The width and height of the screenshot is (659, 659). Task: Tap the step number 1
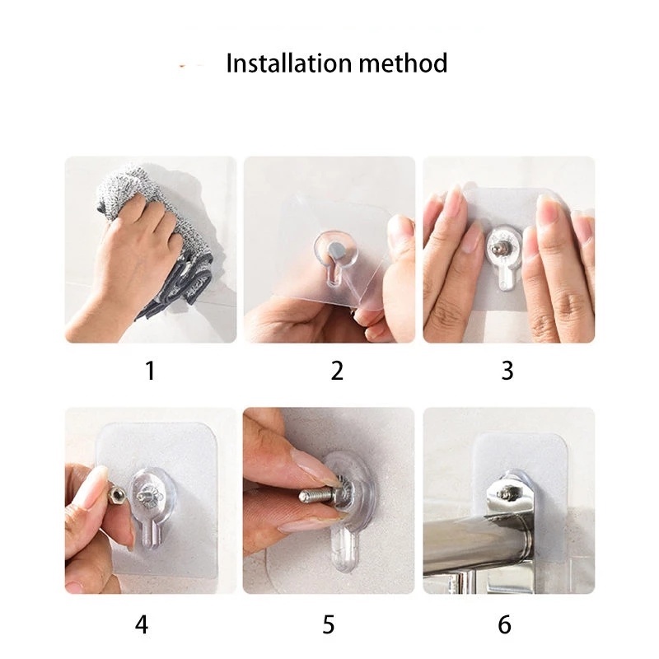tap(150, 371)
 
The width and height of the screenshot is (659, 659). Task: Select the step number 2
tap(337, 371)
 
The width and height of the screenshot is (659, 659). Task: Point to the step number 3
tap(507, 371)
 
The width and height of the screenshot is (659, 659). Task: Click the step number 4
tap(142, 624)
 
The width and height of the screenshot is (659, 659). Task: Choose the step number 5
tap(329, 624)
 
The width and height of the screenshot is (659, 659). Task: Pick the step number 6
tap(504, 624)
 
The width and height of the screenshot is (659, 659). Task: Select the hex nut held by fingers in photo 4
tap(116, 496)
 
